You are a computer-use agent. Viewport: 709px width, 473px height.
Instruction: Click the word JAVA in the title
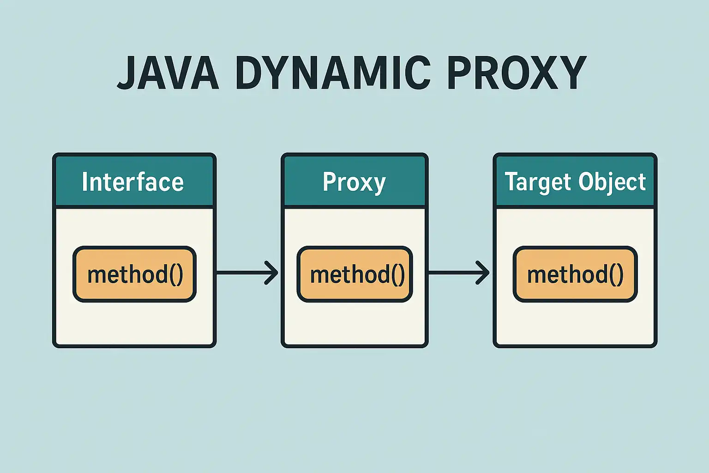168,73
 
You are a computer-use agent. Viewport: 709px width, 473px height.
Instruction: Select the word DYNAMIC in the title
333,73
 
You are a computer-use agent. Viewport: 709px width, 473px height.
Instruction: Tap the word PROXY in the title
517,73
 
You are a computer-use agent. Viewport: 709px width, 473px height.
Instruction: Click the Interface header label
133,182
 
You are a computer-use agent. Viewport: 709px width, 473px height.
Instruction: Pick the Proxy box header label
354,182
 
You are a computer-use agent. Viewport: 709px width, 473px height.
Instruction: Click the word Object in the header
612,182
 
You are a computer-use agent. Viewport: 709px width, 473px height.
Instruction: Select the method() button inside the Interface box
134,274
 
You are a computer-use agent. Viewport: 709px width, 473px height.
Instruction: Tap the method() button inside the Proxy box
355,274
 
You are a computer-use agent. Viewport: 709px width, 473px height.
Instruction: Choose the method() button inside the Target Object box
575,274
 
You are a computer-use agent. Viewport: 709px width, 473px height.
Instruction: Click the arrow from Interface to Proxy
247,273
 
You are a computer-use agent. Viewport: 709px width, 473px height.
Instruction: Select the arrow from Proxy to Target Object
459,273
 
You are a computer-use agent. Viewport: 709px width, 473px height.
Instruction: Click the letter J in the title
125,73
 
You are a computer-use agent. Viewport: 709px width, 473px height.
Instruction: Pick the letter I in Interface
84,182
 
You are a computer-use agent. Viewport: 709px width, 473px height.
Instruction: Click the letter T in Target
511,182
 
